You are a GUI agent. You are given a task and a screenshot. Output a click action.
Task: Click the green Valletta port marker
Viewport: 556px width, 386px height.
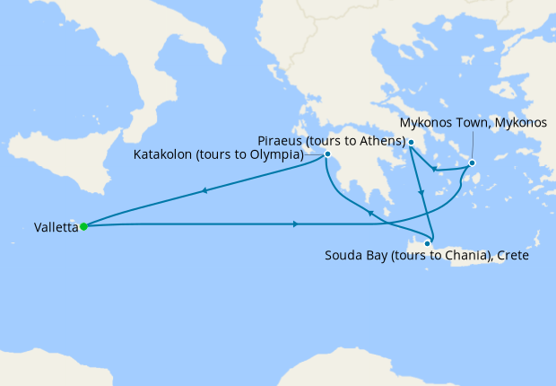[x=83, y=226]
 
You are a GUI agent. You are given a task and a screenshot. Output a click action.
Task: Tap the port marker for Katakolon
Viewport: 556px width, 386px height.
[x=328, y=154]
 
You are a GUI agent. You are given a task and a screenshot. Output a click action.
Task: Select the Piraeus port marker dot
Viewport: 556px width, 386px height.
[x=410, y=143]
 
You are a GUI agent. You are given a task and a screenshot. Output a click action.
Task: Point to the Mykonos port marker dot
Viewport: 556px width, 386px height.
[x=473, y=162]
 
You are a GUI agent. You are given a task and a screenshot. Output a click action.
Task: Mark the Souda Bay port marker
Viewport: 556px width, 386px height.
[x=429, y=243]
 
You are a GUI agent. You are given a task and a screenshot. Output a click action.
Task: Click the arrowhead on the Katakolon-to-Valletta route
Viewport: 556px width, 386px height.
[x=206, y=190]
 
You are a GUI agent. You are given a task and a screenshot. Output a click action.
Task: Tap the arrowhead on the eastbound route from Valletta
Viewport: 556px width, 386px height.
[x=297, y=224]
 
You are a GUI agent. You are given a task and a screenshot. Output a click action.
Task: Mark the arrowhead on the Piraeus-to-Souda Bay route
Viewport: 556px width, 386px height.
[x=420, y=193]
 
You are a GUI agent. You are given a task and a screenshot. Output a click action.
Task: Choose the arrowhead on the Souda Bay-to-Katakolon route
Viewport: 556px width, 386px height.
[x=370, y=212]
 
